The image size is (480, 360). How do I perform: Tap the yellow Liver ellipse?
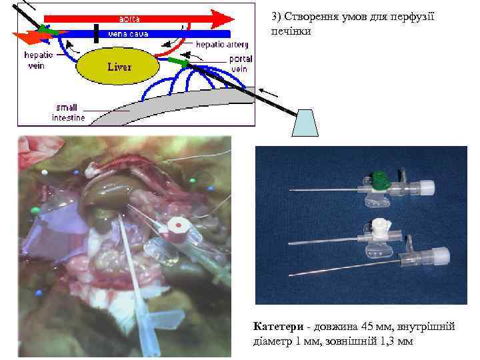click(118, 67)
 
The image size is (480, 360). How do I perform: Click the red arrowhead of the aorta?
click(223, 18)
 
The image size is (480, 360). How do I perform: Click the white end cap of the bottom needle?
click(441, 255)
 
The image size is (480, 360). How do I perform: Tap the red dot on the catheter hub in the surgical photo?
click(179, 225)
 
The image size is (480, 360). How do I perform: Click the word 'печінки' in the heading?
click(291, 31)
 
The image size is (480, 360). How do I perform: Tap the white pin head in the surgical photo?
click(45, 172)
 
